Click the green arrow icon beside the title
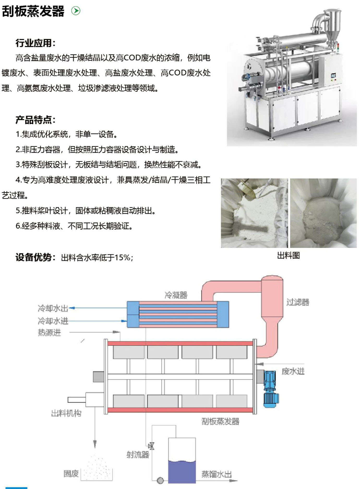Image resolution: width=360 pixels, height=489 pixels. (x=76, y=11)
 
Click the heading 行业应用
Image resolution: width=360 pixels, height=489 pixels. (x=35, y=43)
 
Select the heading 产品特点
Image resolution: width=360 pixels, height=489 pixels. (x=35, y=120)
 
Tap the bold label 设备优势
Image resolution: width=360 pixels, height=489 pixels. (x=35, y=257)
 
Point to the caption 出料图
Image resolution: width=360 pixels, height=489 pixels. (x=288, y=255)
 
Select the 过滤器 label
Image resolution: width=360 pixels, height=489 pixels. (x=298, y=302)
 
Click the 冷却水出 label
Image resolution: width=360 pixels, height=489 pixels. (x=53, y=308)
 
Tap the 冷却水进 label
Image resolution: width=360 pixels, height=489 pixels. (x=53, y=321)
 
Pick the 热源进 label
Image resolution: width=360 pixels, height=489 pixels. (x=49, y=333)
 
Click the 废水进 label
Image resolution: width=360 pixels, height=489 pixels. (x=293, y=371)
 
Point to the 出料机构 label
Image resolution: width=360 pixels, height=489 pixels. (x=66, y=413)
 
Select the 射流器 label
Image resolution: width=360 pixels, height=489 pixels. (x=138, y=455)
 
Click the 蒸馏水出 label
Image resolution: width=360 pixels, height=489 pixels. (x=217, y=474)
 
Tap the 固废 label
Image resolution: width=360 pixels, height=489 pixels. (x=71, y=474)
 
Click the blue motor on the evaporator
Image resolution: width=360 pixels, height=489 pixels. (x=271, y=388)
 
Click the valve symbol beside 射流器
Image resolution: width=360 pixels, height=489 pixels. (x=151, y=446)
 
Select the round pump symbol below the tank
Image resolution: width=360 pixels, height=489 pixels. (x=160, y=480)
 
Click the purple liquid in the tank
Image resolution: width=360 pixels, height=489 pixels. (x=182, y=472)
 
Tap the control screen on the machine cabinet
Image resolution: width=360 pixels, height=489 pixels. (x=333, y=76)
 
